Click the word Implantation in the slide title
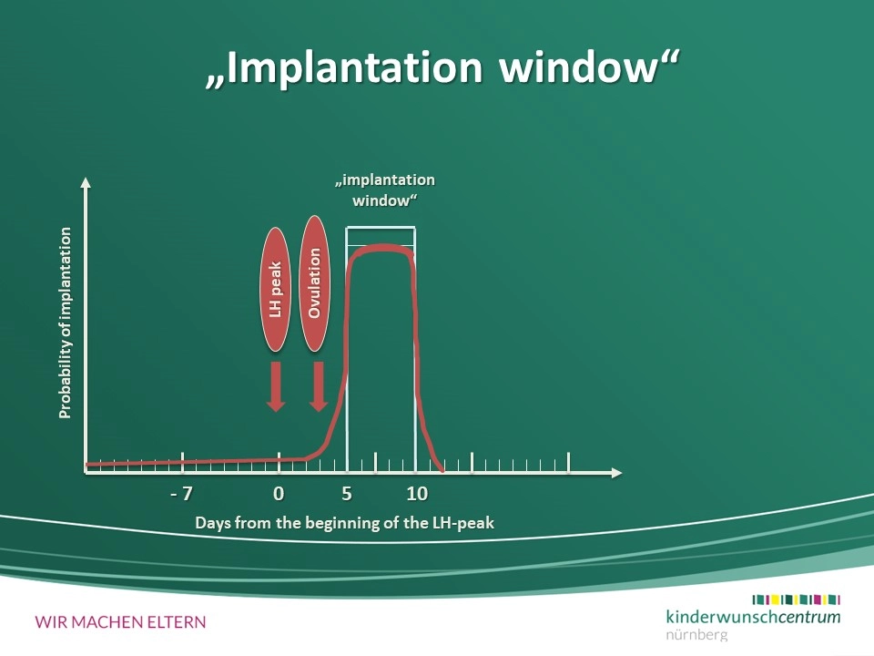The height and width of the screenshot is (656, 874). tap(354, 68)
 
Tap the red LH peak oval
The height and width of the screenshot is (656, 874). tap(275, 290)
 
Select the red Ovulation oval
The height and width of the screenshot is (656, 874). tap(314, 283)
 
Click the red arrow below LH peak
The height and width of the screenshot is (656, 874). tap(275, 386)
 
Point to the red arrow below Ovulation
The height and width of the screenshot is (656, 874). tap(319, 386)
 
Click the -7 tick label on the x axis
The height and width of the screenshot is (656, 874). tap(182, 494)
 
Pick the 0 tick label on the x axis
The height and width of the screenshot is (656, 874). tap(279, 494)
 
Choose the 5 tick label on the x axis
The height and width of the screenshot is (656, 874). tap(347, 494)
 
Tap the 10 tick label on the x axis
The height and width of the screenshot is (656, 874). tap(417, 494)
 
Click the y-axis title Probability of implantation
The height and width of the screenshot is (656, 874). tap(66, 323)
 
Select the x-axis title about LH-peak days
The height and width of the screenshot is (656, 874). tap(344, 523)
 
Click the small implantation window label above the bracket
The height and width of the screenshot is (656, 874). tap(384, 190)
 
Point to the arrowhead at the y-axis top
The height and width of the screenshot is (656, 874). tap(86, 182)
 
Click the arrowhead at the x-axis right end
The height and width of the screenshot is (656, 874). tap(616, 473)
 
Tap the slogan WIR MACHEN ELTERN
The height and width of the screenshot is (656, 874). tap(120, 622)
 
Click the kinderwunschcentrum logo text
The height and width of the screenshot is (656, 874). tap(753, 617)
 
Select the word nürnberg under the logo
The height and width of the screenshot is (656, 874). tap(696, 634)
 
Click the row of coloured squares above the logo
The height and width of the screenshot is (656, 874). tap(796, 600)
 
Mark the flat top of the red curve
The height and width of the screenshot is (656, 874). tap(381, 248)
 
